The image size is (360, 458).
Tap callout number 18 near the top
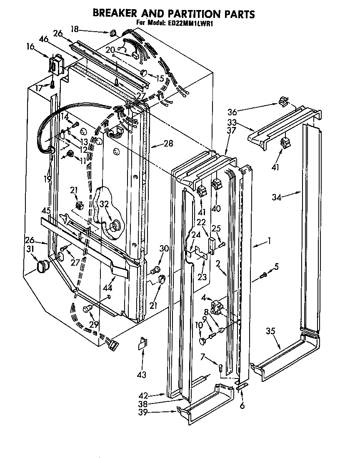pyautogui.click(x=75, y=30)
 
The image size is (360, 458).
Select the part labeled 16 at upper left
pyautogui.click(x=56, y=65)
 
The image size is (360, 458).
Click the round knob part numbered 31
pyautogui.click(x=42, y=266)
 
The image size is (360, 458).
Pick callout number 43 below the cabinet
pyautogui.click(x=142, y=375)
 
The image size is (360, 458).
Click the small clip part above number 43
pyautogui.click(x=143, y=343)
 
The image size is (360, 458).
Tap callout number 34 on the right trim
pyautogui.click(x=277, y=197)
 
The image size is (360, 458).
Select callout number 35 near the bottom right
pyautogui.click(x=271, y=332)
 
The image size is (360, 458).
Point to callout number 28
pyautogui.click(x=168, y=144)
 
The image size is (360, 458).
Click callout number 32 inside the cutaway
pyautogui.click(x=104, y=204)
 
